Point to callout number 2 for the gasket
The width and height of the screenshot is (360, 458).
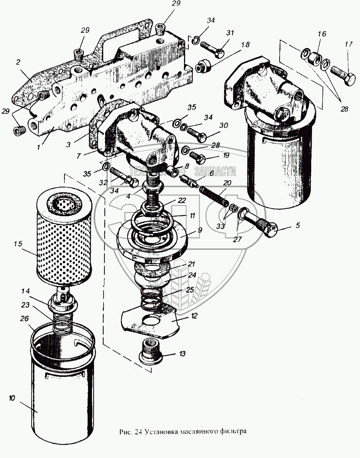[x=18, y=63]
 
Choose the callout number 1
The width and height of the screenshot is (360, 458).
[x=38, y=147]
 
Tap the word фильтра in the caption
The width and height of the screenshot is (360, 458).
[x=234, y=432]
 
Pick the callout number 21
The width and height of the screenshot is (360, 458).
[x=192, y=264]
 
